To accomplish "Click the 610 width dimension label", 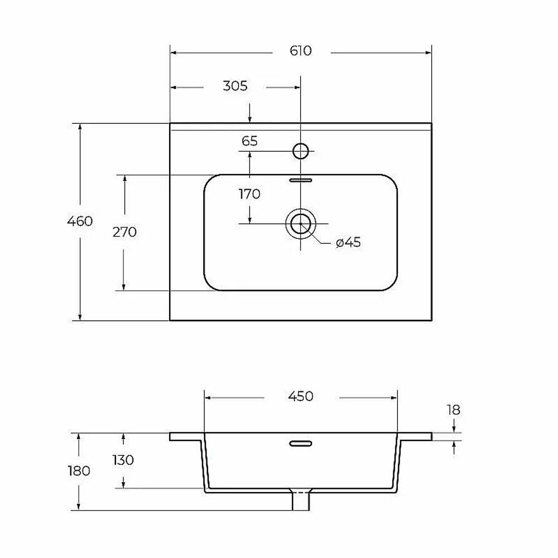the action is click(301, 51).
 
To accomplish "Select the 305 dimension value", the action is click(235, 86).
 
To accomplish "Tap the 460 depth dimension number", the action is click(80, 222).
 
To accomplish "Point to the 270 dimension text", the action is click(124, 232).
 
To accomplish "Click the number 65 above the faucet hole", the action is click(249, 141).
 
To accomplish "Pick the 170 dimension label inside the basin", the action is click(249, 194).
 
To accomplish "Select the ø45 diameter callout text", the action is click(348, 242).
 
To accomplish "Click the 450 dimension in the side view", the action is click(301, 396).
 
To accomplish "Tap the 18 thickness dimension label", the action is click(454, 410).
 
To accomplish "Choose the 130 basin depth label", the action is click(123, 460).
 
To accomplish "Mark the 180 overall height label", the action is click(79, 471).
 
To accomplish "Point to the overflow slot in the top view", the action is click(301, 180).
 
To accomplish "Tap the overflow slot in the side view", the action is click(301, 444).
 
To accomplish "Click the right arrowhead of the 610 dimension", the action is click(428, 52).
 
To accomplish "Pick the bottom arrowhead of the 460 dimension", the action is click(80, 317).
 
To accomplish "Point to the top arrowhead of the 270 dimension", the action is click(124, 179).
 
